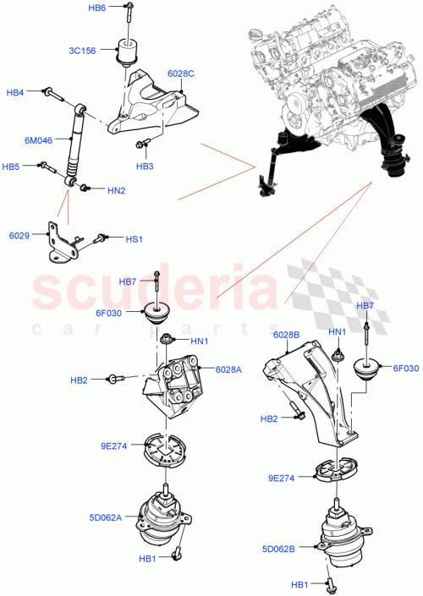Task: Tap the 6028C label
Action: coord(181,74)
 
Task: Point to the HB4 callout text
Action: coord(15,91)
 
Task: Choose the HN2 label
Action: coord(117,190)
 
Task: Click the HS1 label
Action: coord(134,239)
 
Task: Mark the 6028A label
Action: coord(228,369)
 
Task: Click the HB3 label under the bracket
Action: coord(146,167)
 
